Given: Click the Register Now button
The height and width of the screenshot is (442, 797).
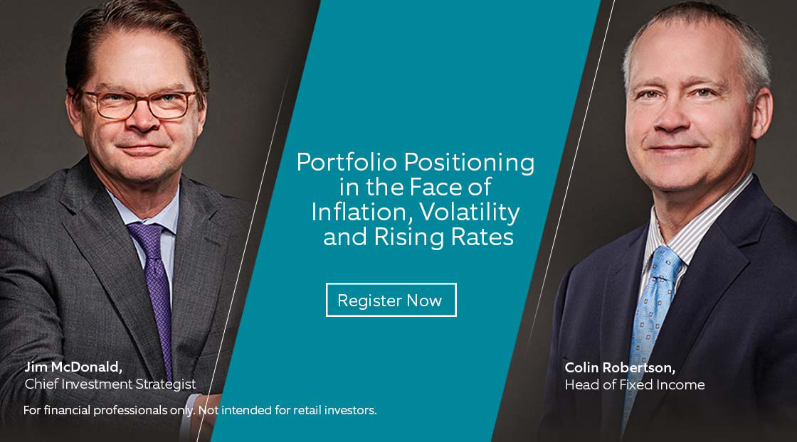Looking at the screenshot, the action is click(x=391, y=300).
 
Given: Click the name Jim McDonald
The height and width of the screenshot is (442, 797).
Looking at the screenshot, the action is click(x=73, y=367).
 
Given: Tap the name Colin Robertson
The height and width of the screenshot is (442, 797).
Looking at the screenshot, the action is click(x=620, y=367).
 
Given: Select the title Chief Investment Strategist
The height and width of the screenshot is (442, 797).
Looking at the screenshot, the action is click(x=110, y=384).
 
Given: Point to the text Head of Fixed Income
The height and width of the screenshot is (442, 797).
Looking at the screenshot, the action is click(x=634, y=384).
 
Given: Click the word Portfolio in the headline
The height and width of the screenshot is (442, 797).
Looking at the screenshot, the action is click(x=347, y=163).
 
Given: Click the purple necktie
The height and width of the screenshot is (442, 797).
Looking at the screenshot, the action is click(x=154, y=289).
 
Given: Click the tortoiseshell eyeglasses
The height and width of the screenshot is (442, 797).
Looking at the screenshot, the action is click(x=138, y=103).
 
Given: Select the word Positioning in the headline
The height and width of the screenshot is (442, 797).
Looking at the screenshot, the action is click(x=469, y=163).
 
